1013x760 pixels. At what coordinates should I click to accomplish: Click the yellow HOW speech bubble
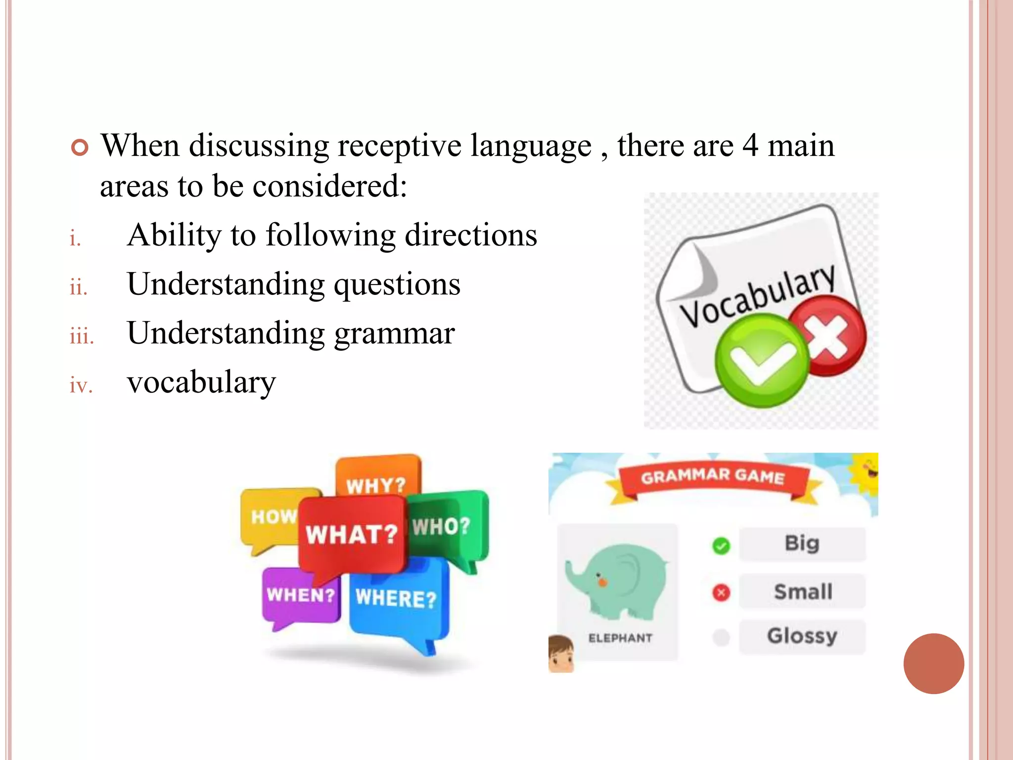click(270, 517)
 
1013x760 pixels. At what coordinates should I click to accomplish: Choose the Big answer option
click(802, 544)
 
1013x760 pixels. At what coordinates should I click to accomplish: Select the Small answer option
click(803, 591)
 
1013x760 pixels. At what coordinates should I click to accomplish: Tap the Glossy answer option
click(802, 636)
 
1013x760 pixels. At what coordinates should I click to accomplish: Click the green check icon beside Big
click(721, 546)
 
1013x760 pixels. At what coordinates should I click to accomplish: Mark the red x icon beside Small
click(721, 592)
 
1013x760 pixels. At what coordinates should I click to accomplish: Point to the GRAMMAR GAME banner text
click(713, 476)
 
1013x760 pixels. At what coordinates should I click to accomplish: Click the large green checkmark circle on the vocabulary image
click(761, 360)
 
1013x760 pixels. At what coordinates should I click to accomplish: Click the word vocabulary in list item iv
click(201, 382)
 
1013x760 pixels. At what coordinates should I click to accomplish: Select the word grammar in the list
click(394, 333)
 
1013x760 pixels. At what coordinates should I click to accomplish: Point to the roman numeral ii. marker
click(79, 287)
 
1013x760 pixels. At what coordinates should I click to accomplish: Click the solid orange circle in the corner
click(933, 664)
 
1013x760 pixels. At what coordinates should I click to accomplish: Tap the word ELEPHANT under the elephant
click(620, 638)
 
